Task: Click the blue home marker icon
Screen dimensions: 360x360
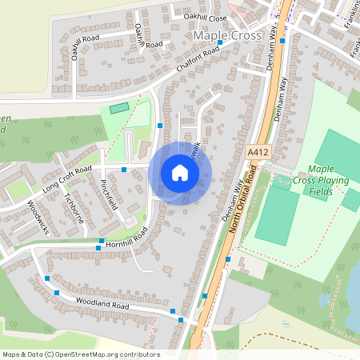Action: point(180,173)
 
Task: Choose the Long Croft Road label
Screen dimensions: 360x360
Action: point(69,179)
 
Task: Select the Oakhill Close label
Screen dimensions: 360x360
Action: point(206,17)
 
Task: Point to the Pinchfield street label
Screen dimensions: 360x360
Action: point(110,193)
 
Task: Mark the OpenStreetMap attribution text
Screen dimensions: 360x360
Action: point(80,354)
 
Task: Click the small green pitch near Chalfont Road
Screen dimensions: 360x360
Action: point(118,107)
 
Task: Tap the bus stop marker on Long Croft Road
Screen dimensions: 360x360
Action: point(124,169)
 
